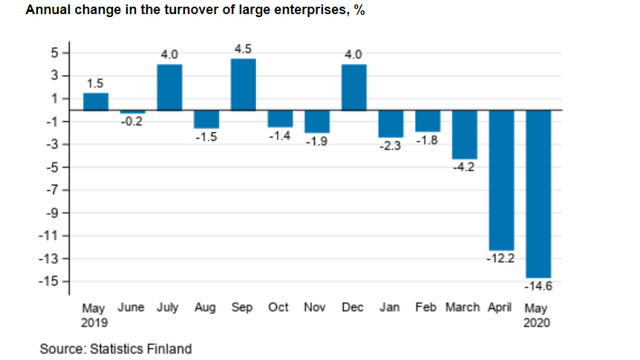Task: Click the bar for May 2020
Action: (538, 193)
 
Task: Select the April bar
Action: (501, 180)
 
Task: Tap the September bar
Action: (243, 84)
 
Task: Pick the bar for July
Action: (169, 87)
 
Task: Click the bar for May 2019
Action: (95, 101)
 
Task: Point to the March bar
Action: (464, 134)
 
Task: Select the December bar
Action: (353, 87)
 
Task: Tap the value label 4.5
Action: (243, 49)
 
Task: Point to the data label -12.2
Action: (500, 259)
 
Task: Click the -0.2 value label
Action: (132, 121)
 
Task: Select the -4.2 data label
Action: (463, 168)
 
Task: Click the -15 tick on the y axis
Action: (51, 281)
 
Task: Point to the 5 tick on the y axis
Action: (55, 53)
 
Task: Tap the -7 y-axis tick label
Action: (53, 190)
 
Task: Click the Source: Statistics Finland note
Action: (116, 348)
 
